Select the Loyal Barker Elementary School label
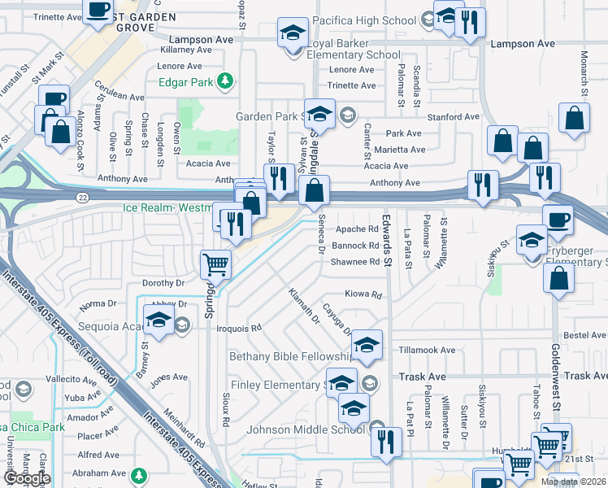tap(353, 55)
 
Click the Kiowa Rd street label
tap(363, 294)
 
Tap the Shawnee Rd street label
tap(354, 262)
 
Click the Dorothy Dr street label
tap(164, 284)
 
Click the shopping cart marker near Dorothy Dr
tap(216, 264)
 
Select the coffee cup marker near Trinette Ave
tap(98, 11)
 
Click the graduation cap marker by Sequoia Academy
tap(159, 321)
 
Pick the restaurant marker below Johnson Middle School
tap(386, 442)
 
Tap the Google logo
tap(27, 479)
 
